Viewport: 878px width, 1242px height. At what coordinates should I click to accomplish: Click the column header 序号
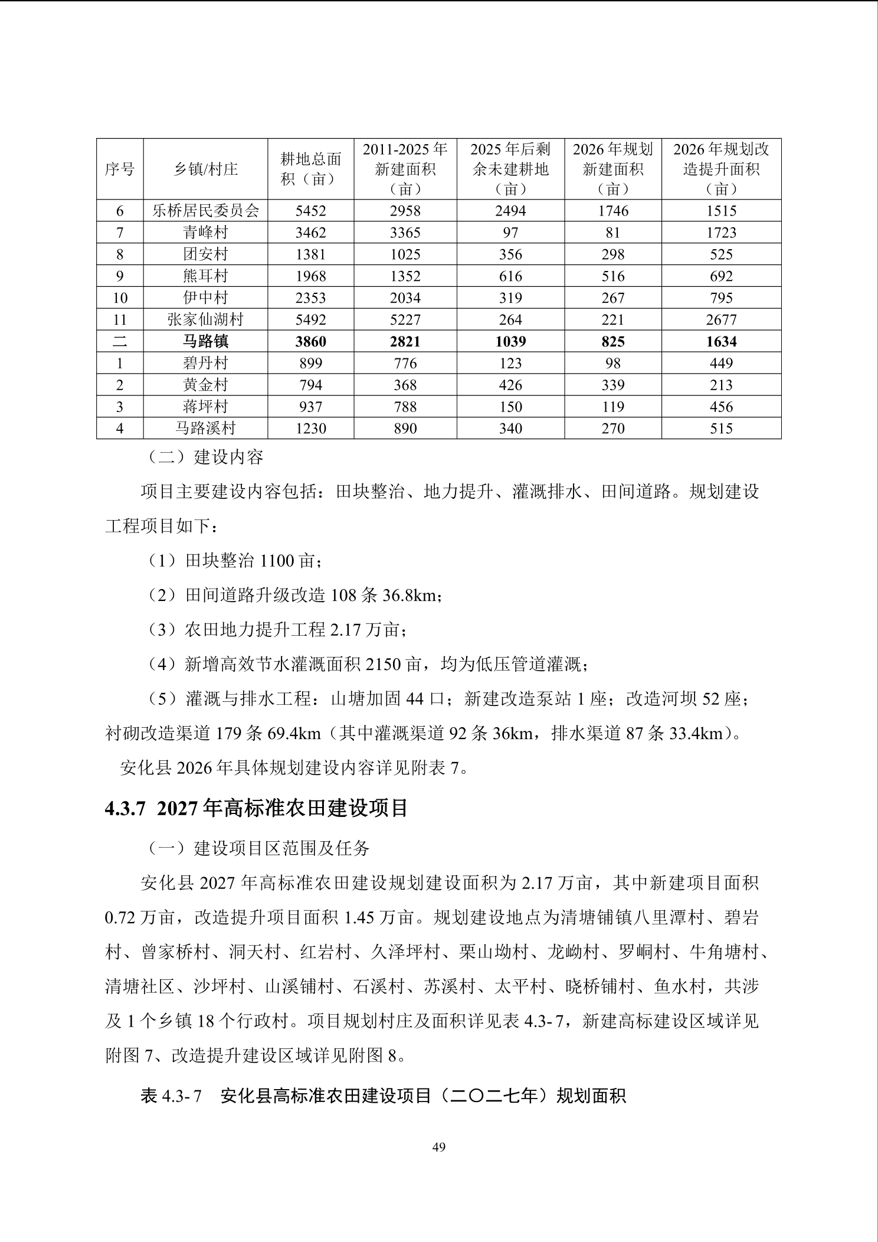point(120,169)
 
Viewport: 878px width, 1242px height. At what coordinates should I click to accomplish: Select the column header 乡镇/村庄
point(205,169)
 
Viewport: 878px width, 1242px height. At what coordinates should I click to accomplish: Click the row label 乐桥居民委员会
point(205,211)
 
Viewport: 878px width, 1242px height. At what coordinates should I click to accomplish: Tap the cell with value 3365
point(405,233)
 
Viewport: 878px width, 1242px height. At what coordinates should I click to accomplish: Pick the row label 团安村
point(205,254)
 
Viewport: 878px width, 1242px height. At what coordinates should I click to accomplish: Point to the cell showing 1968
point(310,276)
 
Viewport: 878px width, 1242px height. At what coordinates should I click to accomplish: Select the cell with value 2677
point(721,320)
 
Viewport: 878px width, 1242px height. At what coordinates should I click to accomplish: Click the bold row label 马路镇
point(205,341)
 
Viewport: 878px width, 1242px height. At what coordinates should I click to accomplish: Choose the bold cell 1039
point(510,341)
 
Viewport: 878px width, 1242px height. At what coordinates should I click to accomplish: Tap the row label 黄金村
point(205,385)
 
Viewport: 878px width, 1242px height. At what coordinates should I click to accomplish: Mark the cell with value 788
point(405,407)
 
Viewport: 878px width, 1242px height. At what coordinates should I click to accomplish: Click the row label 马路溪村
point(205,428)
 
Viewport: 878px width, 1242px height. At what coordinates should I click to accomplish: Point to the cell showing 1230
point(310,428)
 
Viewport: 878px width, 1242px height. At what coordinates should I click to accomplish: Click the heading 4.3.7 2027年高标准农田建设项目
point(257,808)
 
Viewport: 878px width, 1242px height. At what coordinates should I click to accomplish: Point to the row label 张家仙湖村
point(205,320)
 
